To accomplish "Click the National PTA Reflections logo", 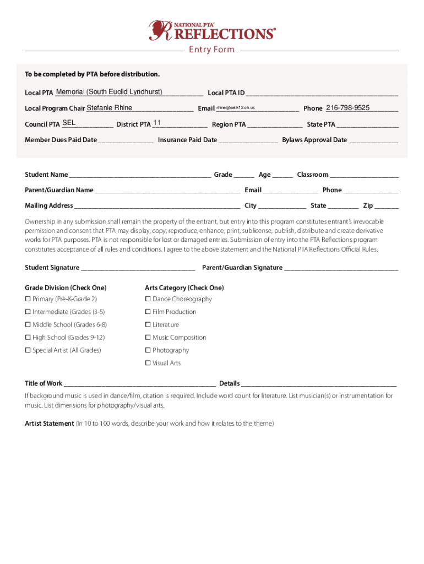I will point(212,30).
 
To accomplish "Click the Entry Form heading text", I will point(212,50).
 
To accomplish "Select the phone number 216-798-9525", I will point(347,108).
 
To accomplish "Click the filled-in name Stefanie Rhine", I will point(110,108).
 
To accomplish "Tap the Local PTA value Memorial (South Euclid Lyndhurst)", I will point(109,91).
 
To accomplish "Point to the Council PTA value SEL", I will point(69,123).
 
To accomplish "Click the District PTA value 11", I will point(157,123).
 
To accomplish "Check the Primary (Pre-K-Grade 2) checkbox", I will point(28,299).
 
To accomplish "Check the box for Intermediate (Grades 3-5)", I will point(28,312).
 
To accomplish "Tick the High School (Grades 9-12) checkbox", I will point(28,338).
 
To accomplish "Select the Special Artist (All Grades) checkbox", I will point(28,350).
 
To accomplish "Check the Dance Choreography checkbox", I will point(148,299).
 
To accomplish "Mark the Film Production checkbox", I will point(148,312).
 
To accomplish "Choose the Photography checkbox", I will point(148,350).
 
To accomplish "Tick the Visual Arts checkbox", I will point(148,363).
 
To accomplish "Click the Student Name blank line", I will point(140,176).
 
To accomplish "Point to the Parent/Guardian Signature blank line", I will point(341,269).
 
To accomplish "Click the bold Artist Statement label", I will point(49,424).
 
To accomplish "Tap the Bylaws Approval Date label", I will point(314,140).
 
